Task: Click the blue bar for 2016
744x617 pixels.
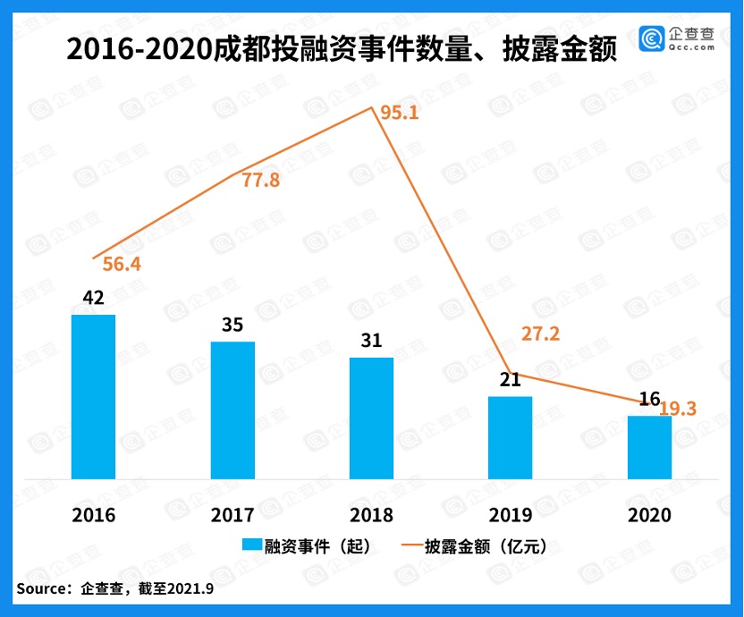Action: (93, 396)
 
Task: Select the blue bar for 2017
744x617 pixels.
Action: (232, 410)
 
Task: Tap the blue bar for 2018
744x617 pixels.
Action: (371, 418)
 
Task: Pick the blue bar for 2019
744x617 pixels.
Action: (511, 437)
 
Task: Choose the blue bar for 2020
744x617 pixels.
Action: (649, 447)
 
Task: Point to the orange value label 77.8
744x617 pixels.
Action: (261, 180)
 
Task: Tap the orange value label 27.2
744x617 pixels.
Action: (540, 334)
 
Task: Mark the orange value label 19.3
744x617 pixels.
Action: (678, 409)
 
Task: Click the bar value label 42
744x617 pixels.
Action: (93, 298)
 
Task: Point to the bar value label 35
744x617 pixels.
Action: (232, 325)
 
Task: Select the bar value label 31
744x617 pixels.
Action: (371, 341)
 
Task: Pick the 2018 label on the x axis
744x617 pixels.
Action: (371, 515)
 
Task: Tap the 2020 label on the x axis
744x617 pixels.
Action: (649, 515)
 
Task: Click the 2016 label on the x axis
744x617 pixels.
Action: (93, 515)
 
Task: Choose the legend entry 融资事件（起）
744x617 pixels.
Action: (304, 545)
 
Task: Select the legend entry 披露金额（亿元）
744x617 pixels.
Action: (474, 545)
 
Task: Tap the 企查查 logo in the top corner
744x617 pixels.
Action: (677, 38)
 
